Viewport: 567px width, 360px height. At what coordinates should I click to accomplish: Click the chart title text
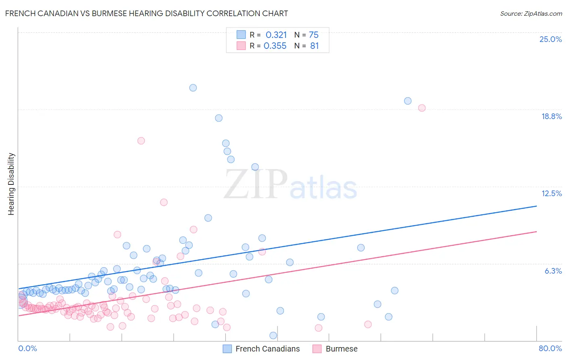pos(146,13)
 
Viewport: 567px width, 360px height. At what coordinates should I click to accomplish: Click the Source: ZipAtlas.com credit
pos(531,13)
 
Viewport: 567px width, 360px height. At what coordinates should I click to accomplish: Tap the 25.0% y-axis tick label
pos(550,39)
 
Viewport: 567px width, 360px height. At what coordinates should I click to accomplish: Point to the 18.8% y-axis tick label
pos(551,116)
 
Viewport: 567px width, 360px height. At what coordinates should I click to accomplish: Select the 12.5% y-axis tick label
pos(551,193)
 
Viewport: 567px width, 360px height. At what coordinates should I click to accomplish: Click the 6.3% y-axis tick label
pos(553,271)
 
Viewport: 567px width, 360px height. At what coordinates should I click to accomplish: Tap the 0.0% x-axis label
pos(27,348)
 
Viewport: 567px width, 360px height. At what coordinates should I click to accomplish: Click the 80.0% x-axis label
pos(550,348)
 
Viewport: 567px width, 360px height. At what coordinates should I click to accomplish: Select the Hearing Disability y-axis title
pos(11,184)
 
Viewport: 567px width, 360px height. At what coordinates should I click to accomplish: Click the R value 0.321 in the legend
pos(276,35)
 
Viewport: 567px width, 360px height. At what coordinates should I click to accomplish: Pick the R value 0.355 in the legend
pos(275,46)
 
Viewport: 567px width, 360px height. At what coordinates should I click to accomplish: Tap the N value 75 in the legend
pos(314,35)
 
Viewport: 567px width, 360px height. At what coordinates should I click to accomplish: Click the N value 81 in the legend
pos(315,46)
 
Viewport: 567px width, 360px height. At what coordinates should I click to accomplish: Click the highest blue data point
pos(193,88)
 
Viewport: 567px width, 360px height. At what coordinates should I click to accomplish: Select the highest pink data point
pos(422,108)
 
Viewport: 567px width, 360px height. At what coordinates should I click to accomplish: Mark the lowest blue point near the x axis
pos(273,335)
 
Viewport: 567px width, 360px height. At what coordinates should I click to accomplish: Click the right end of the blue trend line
pos(536,206)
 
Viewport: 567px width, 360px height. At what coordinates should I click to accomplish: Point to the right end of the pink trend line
pos(536,232)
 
